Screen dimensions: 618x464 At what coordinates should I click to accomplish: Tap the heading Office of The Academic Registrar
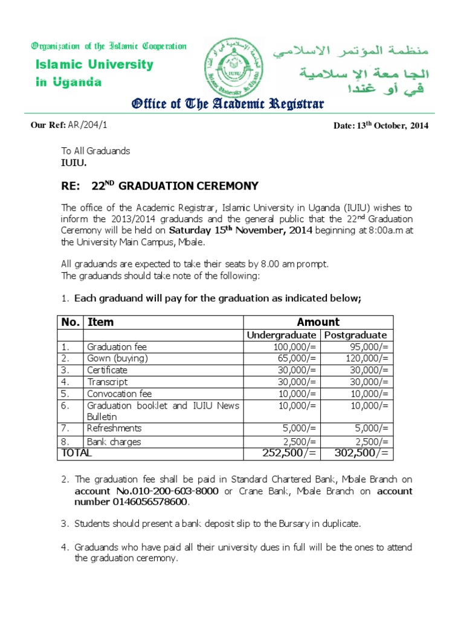(228, 104)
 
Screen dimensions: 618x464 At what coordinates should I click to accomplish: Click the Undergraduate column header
(281, 335)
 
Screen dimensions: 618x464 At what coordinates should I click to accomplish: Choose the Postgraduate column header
(356, 335)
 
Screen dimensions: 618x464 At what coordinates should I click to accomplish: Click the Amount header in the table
(318, 322)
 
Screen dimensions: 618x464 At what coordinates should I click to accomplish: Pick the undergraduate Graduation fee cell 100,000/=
(296, 347)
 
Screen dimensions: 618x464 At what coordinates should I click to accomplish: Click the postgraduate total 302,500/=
(360, 453)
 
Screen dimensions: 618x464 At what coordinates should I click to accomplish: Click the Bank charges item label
(114, 442)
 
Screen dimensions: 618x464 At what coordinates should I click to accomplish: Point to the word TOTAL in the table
(76, 453)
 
